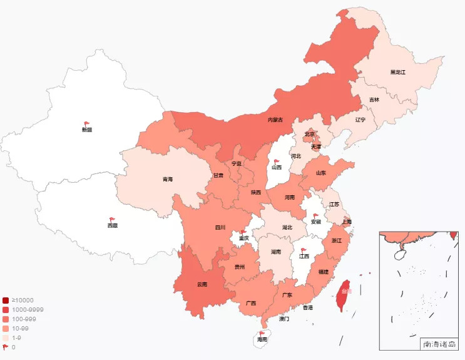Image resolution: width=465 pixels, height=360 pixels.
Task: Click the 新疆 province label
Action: click(86, 130)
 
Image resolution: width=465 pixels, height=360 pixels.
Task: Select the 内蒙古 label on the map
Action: click(275, 120)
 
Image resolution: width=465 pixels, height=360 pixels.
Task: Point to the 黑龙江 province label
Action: click(398, 72)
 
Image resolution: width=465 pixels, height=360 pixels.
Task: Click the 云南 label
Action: click(202, 284)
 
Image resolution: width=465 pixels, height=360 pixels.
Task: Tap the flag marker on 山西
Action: click(277, 162)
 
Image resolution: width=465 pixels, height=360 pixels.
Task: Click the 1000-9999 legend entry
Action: click(24, 310)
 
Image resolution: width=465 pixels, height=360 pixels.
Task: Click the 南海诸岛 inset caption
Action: click(440, 344)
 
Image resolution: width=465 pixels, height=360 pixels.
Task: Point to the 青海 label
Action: click(168, 180)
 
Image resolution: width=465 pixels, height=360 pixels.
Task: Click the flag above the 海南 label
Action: click(262, 333)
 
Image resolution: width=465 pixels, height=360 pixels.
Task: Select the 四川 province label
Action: click(220, 227)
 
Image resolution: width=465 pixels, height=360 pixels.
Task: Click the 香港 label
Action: click(308, 308)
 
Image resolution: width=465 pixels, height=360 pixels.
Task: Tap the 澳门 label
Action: click(284, 319)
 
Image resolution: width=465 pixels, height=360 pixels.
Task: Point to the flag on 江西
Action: click(304, 250)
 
